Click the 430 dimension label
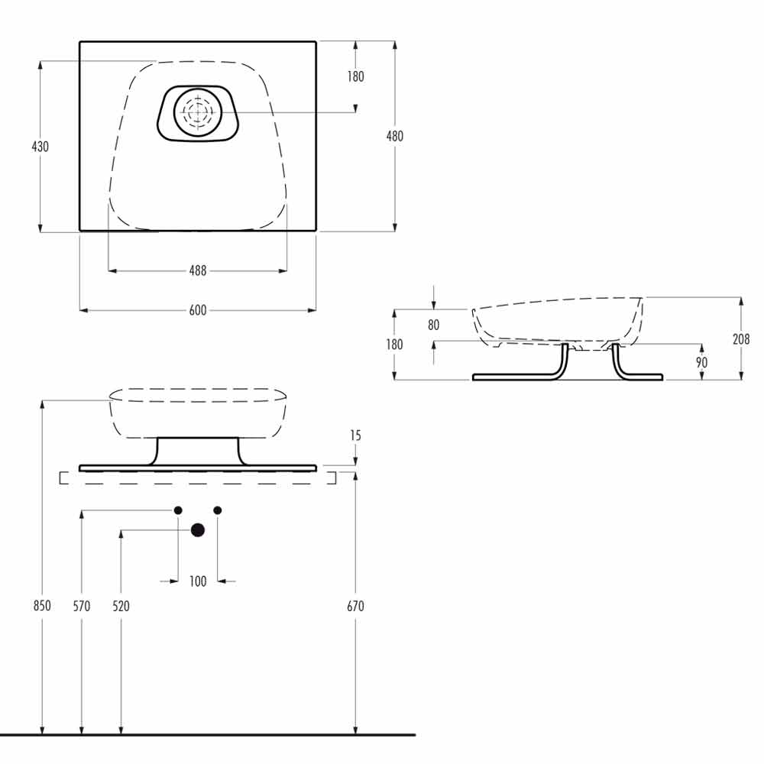click(40, 146)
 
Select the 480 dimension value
click(395, 136)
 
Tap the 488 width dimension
click(198, 270)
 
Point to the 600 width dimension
click(198, 310)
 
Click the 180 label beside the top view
click(356, 76)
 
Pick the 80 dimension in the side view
click(434, 325)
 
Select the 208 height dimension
click(741, 339)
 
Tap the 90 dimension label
click(701, 362)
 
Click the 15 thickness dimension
click(356, 435)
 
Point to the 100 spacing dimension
click(198, 581)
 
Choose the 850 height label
click(42, 606)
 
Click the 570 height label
click(82, 606)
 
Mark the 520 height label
click(121, 606)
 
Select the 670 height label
click(356, 606)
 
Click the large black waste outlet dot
click(198, 530)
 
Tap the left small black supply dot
click(178, 510)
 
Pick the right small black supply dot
click(218, 510)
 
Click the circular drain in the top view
click(198, 112)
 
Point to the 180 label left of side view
click(395, 345)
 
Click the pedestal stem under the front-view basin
click(198, 452)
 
